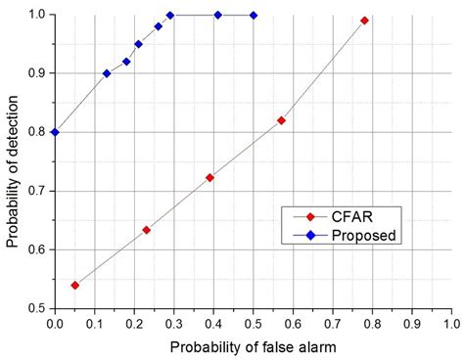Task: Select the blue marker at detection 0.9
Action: tap(107, 73)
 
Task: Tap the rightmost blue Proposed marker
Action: tap(254, 15)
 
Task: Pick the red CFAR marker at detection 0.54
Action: tap(74, 285)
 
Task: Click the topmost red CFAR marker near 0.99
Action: tap(364, 21)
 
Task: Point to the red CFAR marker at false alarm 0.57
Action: tap(281, 120)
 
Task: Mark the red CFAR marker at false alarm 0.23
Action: tap(146, 230)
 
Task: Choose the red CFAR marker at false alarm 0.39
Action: tap(209, 177)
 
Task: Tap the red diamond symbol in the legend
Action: tap(311, 217)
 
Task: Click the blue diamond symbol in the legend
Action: tap(311, 235)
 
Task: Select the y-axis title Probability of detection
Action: tap(13, 161)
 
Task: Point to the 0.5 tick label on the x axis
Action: tap(253, 322)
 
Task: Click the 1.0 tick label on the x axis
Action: tap(450, 322)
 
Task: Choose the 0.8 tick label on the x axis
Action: tap(371, 322)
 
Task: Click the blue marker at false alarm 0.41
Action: tap(217, 15)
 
